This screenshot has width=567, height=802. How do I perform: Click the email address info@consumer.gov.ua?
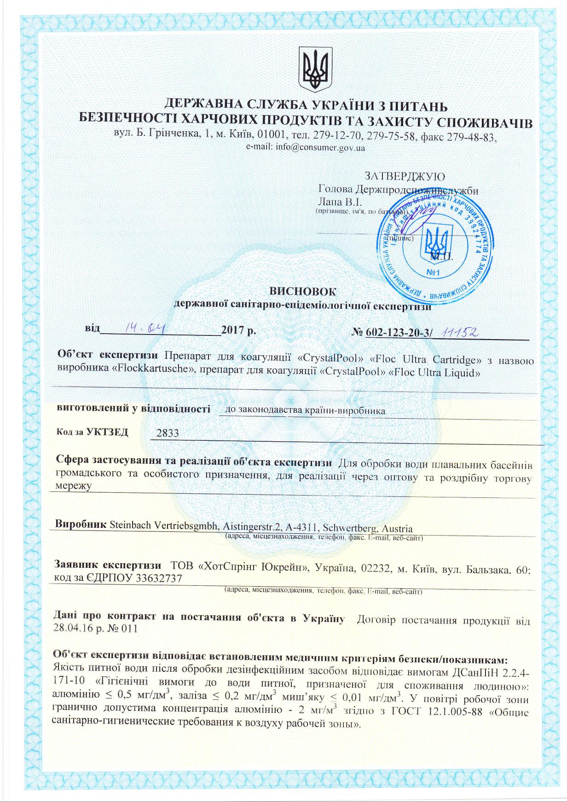[x=306, y=148]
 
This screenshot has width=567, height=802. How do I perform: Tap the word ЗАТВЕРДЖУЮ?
[x=405, y=176]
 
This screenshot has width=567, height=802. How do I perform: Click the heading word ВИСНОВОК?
[x=302, y=291]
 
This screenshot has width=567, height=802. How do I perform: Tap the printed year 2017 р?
[x=238, y=330]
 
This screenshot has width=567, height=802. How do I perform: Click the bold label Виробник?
[x=81, y=525]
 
